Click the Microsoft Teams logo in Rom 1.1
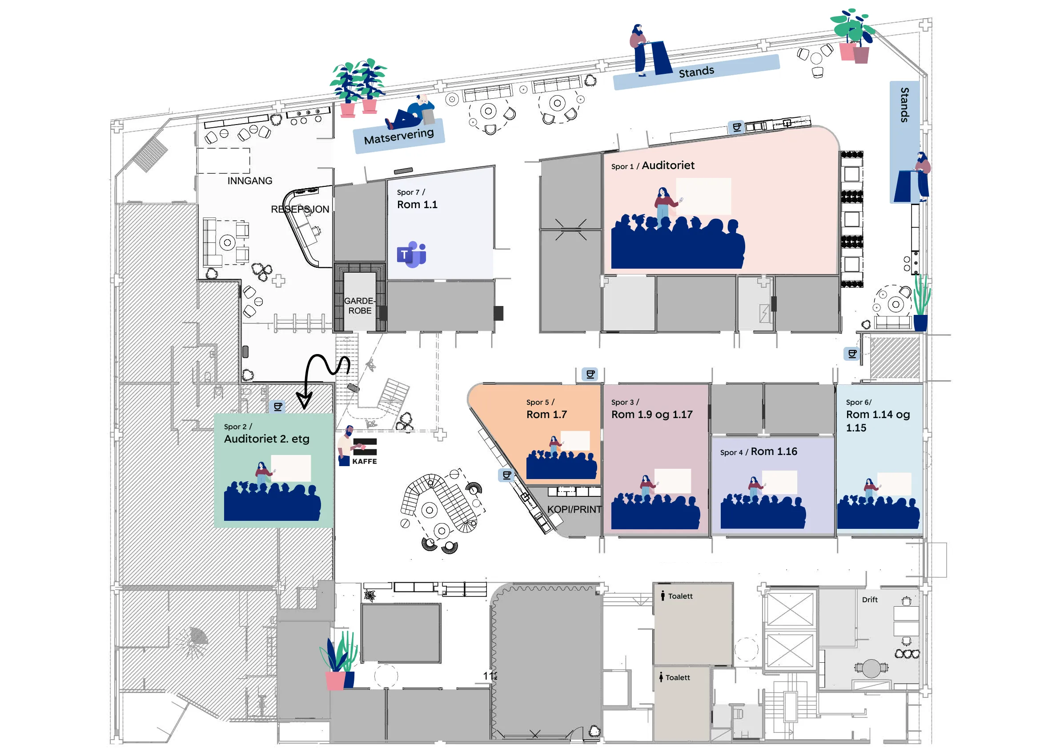pyautogui.click(x=411, y=254)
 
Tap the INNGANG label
pyautogui.click(x=250, y=181)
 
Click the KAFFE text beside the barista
pyautogui.click(x=364, y=461)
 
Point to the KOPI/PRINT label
pyautogui.click(x=574, y=509)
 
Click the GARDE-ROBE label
pyautogui.click(x=360, y=306)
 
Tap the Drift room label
pyautogui.click(x=869, y=600)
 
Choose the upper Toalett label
pyautogui.click(x=680, y=596)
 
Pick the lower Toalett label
pyautogui.click(x=677, y=677)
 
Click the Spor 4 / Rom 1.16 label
pyautogui.click(x=759, y=451)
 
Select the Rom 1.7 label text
pyautogui.click(x=546, y=415)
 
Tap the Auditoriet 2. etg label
pyautogui.click(x=267, y=439)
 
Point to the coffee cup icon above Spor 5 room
pyautogui.click(x=590, y=374)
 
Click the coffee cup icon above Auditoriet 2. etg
pyautogui.click(x=278, y=407)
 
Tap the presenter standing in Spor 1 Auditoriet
pyautogui.click(x=663, y=202)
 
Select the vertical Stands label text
pyautogui.click(x=905, y=105)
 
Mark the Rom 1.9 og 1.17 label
pyautogui.click(x=652, y=415)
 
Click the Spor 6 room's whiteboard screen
pyautogui.click(x=894, y=483)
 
